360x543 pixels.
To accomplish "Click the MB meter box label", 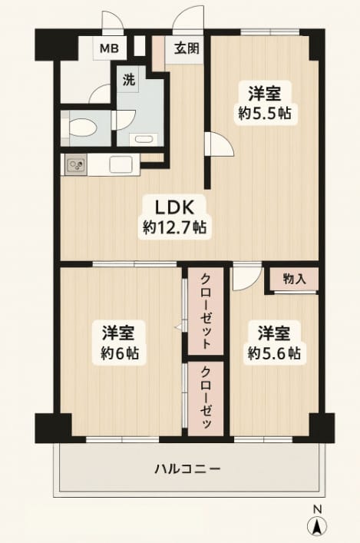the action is (110, 48).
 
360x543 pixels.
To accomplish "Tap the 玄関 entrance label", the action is (187, 48).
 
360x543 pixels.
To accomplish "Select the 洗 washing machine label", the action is (129, 81).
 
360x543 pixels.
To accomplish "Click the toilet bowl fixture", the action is (82, 128).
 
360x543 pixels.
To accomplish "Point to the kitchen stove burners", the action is (77, 164).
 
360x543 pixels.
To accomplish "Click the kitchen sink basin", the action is (121, 164).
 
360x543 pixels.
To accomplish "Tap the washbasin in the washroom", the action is (144, 139).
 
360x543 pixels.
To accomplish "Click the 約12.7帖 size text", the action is (175, 227).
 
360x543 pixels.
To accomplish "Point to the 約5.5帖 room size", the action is (265, 113).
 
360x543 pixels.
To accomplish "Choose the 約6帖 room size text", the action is (120, 353).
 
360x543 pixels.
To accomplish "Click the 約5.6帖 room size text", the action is (274, 353).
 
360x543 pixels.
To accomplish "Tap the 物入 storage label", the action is (295, 279).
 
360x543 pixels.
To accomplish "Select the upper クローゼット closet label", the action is (206, 311).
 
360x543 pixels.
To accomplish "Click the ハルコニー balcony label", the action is (187, 469).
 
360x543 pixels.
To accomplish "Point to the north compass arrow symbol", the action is (317, 526).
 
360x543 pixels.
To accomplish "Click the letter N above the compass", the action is (317, 509).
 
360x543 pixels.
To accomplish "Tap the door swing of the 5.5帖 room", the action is (220, 144).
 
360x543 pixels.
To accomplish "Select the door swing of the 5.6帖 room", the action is (247, 276).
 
